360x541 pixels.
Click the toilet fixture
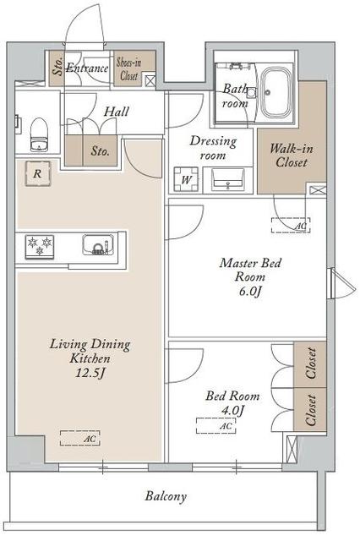39,134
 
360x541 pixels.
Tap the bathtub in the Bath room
275,92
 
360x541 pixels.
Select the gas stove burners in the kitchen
40,246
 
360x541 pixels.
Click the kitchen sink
98,244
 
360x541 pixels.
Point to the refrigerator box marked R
37,173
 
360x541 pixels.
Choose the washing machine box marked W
186,179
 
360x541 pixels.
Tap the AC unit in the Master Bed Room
291,226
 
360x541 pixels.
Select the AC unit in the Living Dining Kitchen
80,438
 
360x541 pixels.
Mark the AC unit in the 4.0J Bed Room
216,425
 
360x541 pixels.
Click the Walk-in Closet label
292,156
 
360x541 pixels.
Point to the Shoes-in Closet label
129,69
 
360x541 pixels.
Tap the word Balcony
166,496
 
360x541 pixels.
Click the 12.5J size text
90,373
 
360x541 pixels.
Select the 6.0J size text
250,292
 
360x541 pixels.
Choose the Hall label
117,112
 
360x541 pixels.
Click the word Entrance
87,68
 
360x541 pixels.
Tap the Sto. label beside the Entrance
57,66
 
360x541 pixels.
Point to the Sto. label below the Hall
100,151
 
